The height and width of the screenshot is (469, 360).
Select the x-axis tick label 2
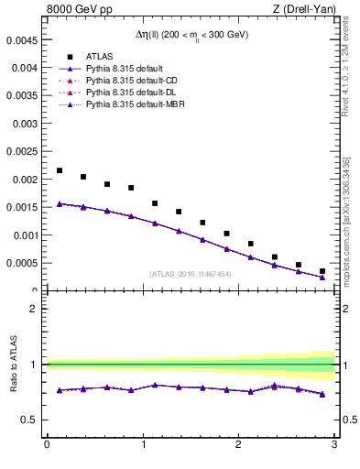[238, 445]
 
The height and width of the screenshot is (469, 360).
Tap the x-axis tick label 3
[334, 445]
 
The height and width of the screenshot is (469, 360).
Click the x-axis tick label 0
[47, 445]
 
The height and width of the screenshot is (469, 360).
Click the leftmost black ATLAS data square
[60, 170]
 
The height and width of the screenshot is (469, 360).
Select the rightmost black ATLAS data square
[322, 271]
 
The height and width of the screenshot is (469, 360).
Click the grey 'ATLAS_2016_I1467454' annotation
[191, 273]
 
